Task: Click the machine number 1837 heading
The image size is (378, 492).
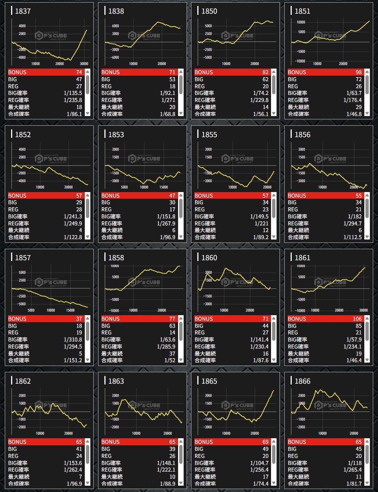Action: [23, 11]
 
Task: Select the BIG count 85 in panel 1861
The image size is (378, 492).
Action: [358, 326]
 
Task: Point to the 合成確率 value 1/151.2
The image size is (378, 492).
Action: [73, 360]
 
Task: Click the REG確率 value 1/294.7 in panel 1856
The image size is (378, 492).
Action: [352, 224]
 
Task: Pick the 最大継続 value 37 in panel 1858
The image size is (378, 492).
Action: [172, 354]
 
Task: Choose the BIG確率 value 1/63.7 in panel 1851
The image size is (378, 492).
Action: [354, 93]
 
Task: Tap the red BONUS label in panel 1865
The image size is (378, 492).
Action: [204, 442]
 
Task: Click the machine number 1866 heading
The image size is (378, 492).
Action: [302, 381]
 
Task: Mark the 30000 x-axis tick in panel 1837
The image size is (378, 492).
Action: [84, 64]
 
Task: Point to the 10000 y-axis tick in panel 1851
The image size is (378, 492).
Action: [301, 22]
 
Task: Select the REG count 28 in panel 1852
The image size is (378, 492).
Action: [79, 209]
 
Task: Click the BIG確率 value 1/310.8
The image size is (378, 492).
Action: [73, 340]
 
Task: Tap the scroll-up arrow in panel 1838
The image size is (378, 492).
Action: [181, 72]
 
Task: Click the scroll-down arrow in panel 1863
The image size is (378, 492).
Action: [181, 483]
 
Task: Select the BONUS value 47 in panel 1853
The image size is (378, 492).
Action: [172, 196]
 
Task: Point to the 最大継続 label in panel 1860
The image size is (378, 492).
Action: [205, 354]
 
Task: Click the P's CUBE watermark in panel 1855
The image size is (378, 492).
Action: [237, 159]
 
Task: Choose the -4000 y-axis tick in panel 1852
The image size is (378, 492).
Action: [22, 181]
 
